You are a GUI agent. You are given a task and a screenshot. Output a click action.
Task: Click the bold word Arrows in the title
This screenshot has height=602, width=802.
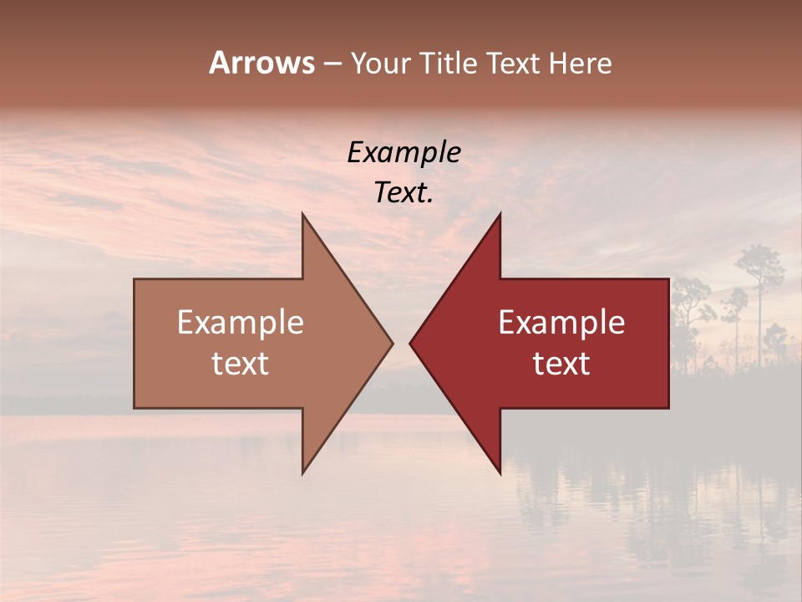(x=261, y=63)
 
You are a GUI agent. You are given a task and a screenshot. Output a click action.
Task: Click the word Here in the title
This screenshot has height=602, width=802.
(x=581, y=63)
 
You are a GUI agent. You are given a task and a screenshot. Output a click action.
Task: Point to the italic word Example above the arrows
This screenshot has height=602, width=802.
(x=404, y=152)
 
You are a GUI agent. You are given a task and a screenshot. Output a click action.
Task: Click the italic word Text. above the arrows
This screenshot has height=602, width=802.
(x=404, y=192)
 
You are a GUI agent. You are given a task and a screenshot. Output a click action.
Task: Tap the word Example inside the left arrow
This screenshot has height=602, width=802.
(x=241, y=323)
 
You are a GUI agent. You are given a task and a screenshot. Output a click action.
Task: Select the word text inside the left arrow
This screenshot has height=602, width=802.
(x=241, y=363)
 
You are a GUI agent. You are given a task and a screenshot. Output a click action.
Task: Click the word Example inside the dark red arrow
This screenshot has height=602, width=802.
(x=561, y=323)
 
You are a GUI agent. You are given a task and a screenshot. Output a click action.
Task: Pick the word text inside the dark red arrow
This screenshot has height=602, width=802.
(x=561, y=363)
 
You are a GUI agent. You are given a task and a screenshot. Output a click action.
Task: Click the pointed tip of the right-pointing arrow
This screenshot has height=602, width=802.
(x=392, y=343)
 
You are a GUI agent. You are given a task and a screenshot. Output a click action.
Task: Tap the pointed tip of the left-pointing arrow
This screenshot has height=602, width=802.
(x=410, y=343)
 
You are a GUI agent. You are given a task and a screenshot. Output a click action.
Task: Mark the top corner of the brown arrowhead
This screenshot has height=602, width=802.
(x=303, y=214)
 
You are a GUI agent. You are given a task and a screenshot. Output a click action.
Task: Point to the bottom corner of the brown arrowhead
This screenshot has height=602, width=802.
(x=303, y=473)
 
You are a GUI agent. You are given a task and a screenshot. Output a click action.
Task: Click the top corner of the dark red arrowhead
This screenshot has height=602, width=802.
(x=500, y=214)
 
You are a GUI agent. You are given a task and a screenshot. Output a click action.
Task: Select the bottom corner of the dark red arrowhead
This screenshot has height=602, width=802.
(x=500, y=473)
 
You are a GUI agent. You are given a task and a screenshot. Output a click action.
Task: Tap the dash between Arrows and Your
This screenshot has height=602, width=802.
(x=332, y=64)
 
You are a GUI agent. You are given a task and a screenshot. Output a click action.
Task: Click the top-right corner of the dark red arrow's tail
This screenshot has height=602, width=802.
(x=668, y=279)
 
